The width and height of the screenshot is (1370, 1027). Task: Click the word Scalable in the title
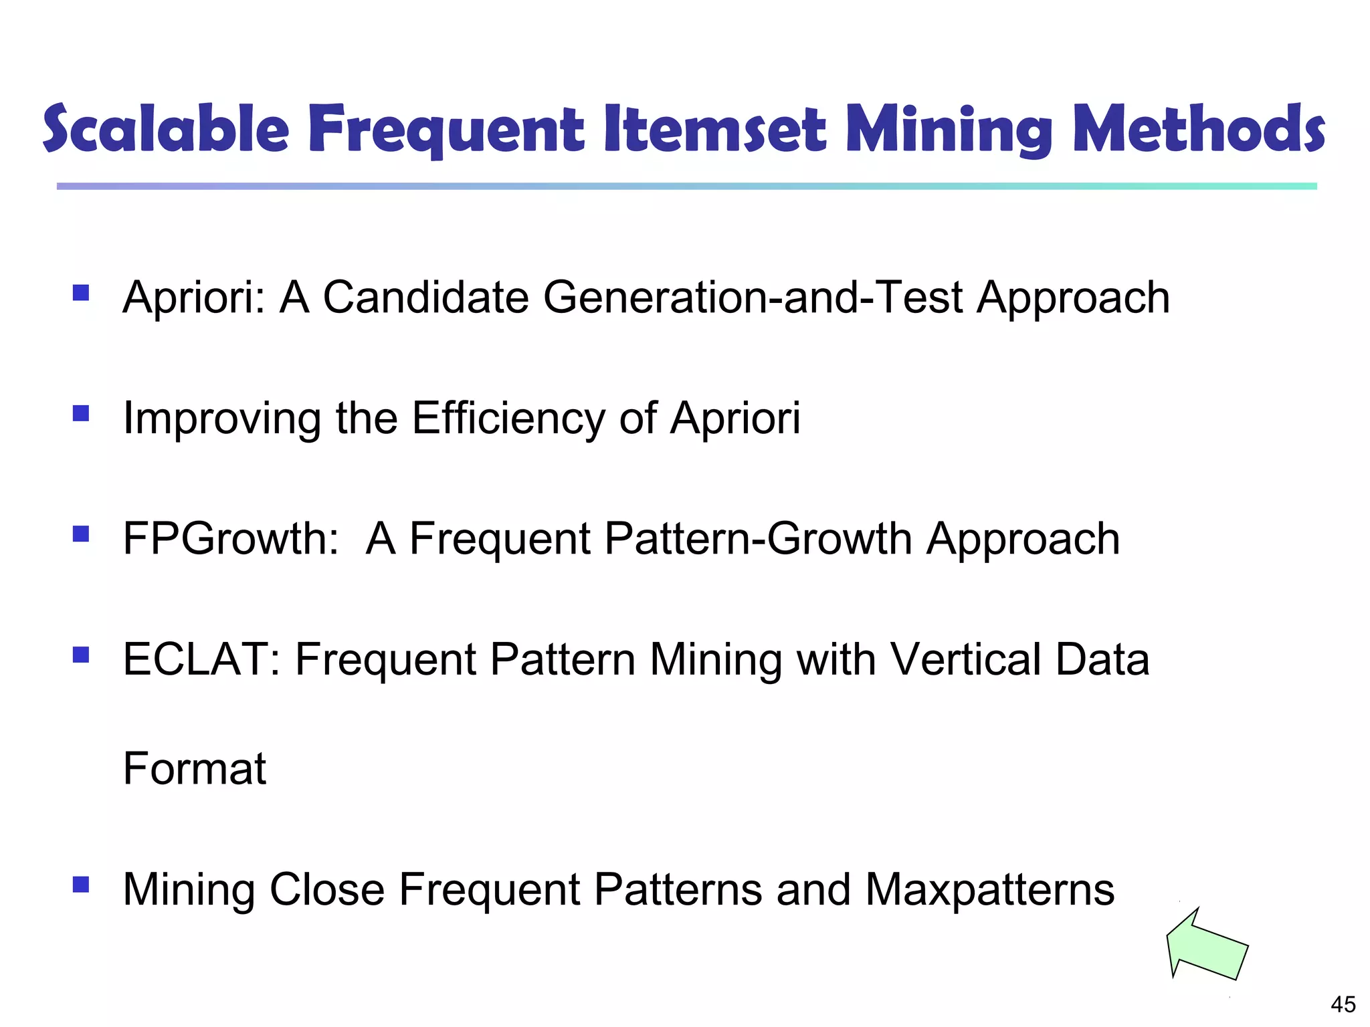tap(166, 128)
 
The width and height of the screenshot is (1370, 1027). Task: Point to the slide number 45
tap(1343, 1004)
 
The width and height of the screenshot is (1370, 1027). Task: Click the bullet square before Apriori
tap(81, 293)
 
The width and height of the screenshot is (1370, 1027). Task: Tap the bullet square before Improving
tap(81, 413)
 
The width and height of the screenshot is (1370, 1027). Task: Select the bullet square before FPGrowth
tap(81, 534)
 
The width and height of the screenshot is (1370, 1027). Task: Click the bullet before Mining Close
tap(81, 885)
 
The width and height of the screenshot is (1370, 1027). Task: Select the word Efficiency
tap(508, 419)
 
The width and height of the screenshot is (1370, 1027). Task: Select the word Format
tap(195, 768)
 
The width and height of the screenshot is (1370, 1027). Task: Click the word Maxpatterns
tap(989, 890)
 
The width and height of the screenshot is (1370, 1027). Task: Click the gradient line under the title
tap(686, 186)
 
